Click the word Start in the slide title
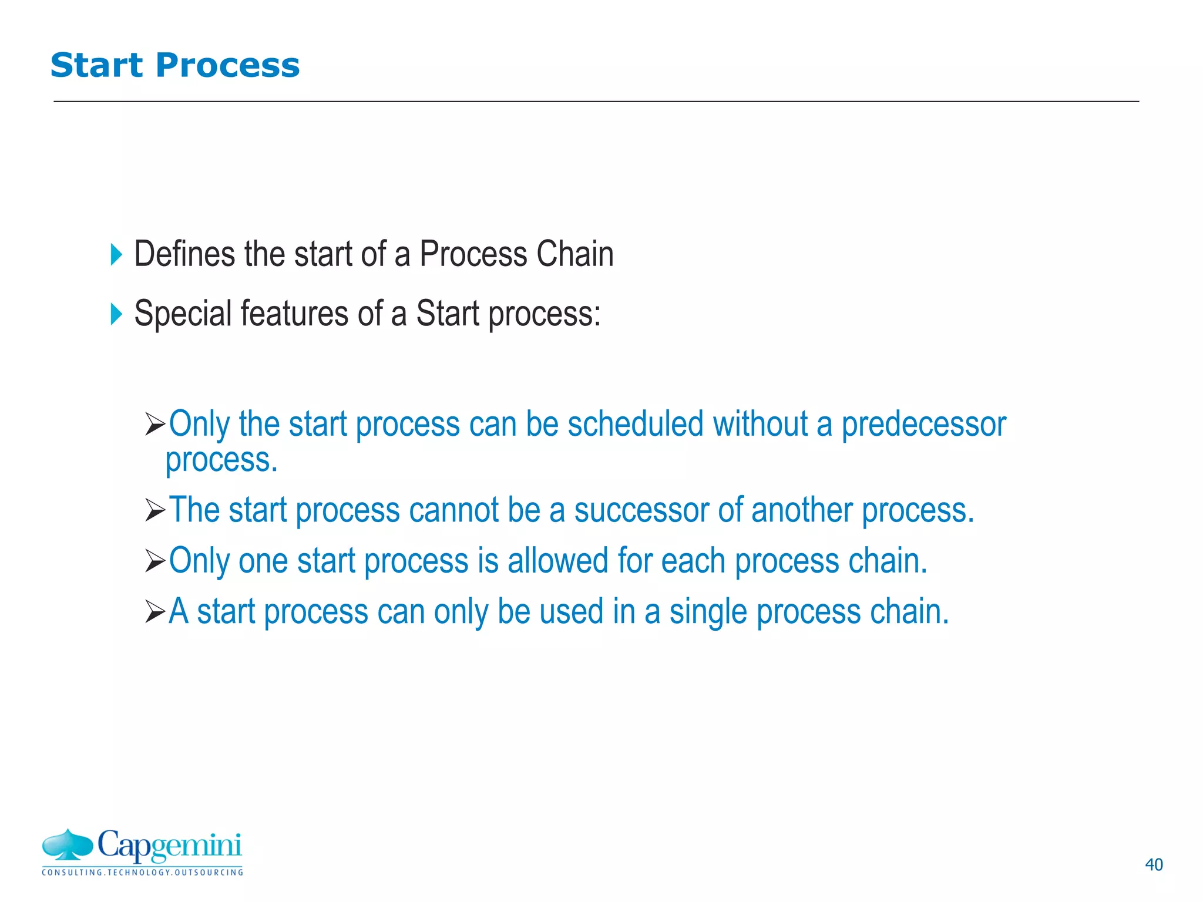96,65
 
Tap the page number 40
1154,864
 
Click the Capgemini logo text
169,846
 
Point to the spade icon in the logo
68,845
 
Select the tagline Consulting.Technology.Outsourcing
142,873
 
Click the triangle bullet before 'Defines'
116,255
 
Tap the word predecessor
923,424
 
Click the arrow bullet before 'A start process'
155,612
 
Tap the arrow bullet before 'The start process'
155,510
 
